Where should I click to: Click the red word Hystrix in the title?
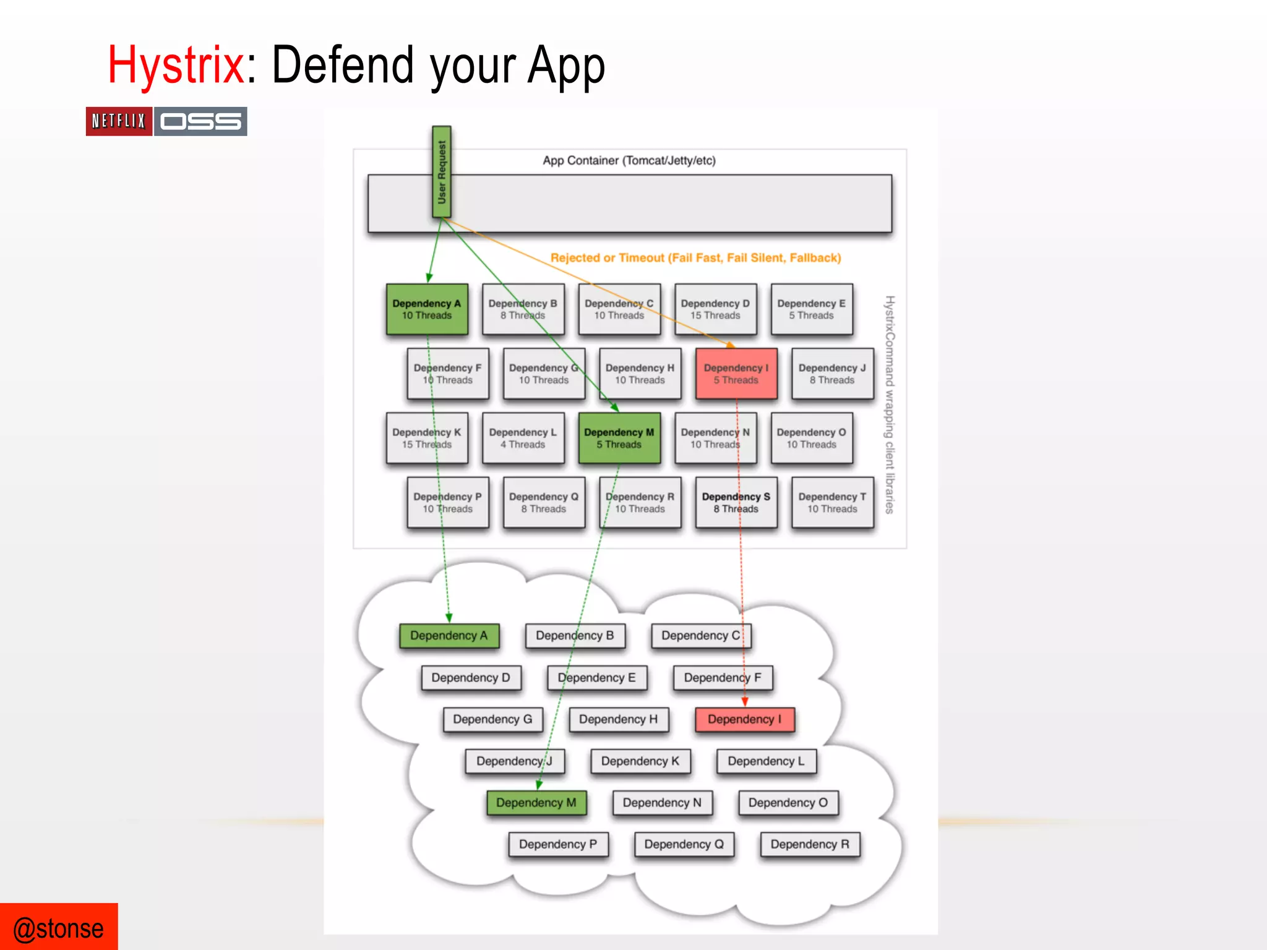pos(176,66)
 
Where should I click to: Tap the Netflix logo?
pos(119,121)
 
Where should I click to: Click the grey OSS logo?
pos(200,121)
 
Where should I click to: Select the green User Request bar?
pos(442,172)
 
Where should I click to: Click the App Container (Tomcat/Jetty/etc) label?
pos(629,161)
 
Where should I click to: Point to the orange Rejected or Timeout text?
pos(695,258)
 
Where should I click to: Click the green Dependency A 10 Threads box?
pos(427,309)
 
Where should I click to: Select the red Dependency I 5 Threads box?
pos(736,374)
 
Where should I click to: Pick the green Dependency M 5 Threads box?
pos(619,438)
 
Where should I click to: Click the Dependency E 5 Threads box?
pos(812,309)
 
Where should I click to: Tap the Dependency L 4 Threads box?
pos(523,438)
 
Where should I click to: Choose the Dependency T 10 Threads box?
pos(832,502)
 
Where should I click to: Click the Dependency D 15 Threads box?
pos(715,309)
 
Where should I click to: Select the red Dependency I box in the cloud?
pos(745,719)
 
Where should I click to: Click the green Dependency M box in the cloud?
pos(536,803)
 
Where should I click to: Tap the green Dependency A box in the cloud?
pos(449,636)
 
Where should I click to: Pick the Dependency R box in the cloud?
pos(810,844)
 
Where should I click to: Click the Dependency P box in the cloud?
pos(558,844)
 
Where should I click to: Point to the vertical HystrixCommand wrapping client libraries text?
pos(890,404)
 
